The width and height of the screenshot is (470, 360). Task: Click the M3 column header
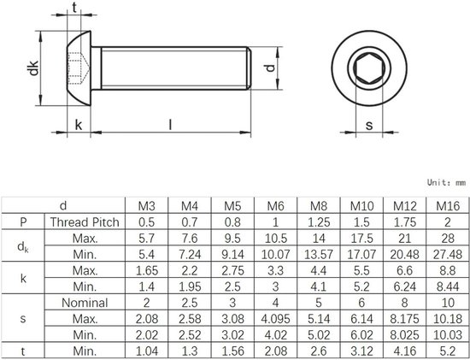(x=147, y=205)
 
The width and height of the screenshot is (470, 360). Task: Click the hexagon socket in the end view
(x=368, y=67)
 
